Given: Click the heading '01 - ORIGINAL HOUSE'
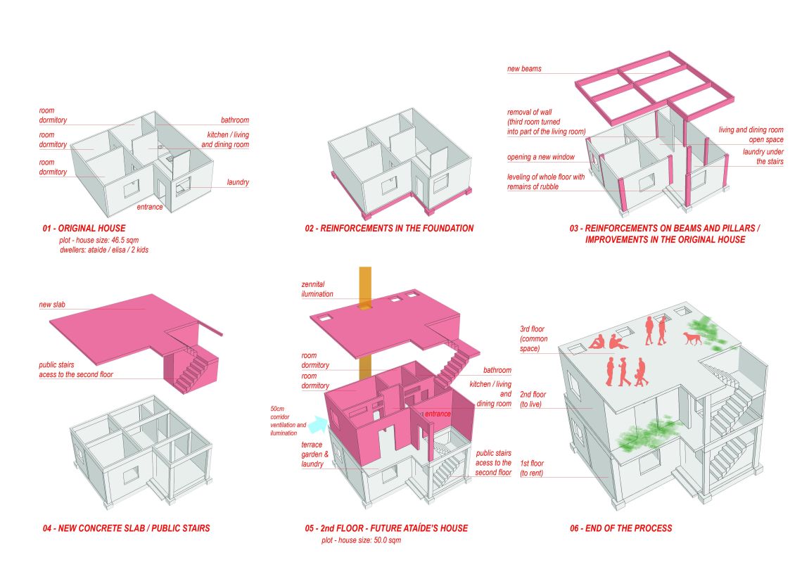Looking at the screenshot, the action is pyautogui.click(x=84, y=229).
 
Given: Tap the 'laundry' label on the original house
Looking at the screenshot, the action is pyautogui.click(x=238, y=182).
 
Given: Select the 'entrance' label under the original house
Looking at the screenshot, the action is pyautogui.click(x=150, y=207).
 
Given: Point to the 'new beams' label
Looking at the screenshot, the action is pyautogui.click(x=524, y=68).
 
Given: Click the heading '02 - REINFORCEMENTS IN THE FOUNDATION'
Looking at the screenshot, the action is pyautogui.click(x=389, y=229).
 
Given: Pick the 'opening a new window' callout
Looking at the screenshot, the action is pyautogui.click(x=540, y=157).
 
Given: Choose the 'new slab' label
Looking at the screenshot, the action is pyautogui.click(x=52, y=304).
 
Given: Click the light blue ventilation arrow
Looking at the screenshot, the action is pyautogui.click(x=318, y=424).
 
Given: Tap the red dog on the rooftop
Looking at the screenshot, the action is pyautogui.click(x=692, y=338).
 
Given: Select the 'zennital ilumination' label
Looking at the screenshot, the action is pyautogui.click(x=317, y=289).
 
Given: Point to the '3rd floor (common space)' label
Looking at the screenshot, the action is pyautogui.click(x=533, y=338).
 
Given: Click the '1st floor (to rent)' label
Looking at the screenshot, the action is pyautogui.click(x=532, y=468).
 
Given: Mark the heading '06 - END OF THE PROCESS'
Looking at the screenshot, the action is pyautogui.click(x=621, y=528).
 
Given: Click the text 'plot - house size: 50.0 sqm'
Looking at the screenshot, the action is pyautogui.click(x=361, y=540).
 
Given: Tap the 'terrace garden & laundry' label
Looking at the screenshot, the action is pyautogui.click(x=314, y=454).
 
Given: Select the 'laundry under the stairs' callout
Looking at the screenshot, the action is pyautogui.click(x=763, y=156).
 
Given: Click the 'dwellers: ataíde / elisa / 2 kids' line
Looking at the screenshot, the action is pyautogui.click(x=104, y=250).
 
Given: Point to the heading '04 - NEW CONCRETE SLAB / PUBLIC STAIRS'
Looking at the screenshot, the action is pyautogui.click(x=127, y=528).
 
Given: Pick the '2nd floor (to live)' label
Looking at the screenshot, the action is pyautogui.click(x=533, y=400).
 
